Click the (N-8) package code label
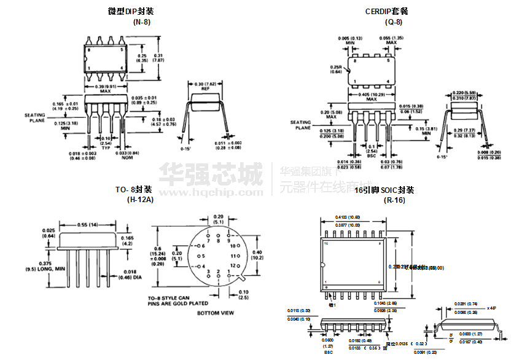click(142, 22)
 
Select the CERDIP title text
click(386, 11)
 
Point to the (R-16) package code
click(393, 200)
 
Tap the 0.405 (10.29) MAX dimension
click(371, 96)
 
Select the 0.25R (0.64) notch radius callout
click(335, 69)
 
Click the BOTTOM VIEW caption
click(216, 313)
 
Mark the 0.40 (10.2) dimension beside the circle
click(258, 254)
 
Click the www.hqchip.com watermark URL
click(211, 192)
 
